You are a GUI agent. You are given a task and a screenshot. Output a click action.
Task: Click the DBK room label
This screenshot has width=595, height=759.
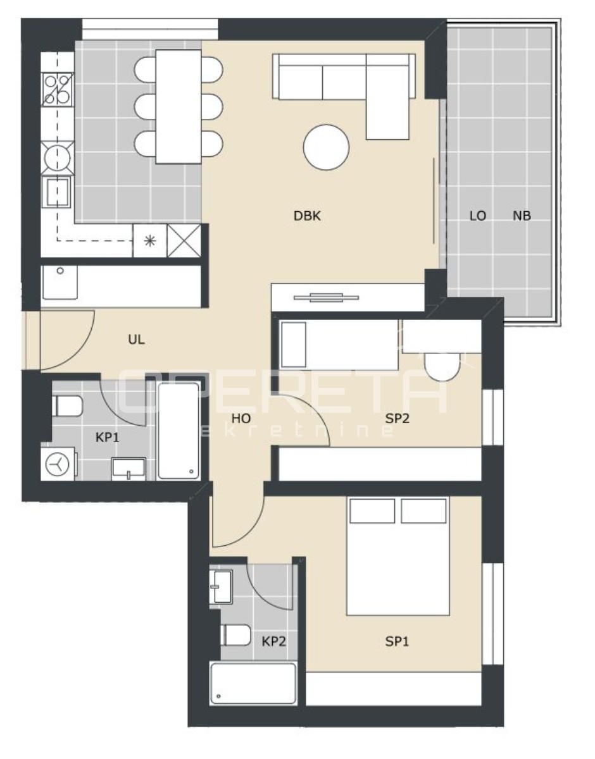307,216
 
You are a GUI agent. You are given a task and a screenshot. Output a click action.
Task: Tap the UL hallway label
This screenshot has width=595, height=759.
136,339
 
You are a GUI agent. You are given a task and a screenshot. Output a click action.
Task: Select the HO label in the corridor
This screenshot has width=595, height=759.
241,418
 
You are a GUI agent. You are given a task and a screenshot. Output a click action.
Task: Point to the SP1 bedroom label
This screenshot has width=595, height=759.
397,641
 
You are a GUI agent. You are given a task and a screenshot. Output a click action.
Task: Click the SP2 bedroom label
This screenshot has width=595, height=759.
398,418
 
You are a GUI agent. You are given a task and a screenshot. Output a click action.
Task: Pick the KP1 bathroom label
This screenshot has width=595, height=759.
107,437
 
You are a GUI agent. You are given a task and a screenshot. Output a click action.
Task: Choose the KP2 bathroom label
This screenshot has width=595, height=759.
274,641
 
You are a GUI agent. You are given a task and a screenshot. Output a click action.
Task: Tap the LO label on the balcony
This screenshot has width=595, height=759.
478,216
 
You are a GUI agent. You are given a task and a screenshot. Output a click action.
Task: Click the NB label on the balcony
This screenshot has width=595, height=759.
522,216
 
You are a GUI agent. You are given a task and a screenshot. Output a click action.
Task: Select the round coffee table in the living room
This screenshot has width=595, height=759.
326,147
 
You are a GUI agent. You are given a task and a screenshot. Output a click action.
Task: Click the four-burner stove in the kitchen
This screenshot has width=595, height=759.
58,89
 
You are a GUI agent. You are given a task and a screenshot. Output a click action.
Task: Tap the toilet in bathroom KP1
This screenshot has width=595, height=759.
68,406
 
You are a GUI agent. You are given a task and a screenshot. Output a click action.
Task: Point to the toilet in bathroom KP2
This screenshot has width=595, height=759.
236,635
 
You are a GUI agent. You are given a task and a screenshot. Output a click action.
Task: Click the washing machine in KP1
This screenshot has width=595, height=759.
58,464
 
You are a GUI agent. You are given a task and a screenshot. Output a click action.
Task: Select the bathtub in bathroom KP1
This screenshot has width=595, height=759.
178,431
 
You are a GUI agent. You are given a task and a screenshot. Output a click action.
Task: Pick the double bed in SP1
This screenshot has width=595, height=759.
398,557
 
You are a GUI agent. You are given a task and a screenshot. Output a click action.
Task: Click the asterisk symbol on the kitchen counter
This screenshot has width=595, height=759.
150,240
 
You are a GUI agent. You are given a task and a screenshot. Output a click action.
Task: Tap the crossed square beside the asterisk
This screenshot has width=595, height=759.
184,240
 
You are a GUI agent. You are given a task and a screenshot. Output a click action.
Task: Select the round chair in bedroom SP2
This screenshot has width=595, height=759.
441,367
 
